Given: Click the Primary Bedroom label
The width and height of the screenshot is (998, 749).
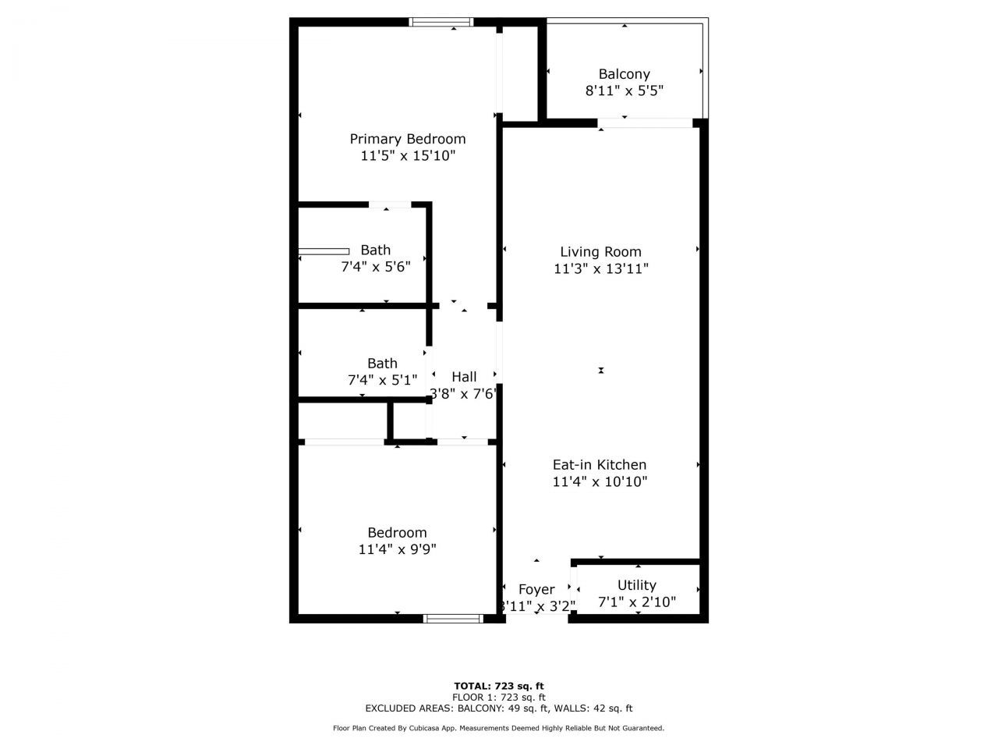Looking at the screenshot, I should tap(407, 139).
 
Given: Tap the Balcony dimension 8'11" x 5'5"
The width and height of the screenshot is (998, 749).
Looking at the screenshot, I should tap(624, 91).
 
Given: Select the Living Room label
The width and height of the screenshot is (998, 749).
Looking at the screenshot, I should tap(600, 251).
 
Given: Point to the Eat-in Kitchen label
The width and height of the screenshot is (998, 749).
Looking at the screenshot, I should tap(600, 465).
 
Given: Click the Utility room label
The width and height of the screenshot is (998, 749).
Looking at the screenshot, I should tap(636, 585).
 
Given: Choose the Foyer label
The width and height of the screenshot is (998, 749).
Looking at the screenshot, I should tap(536, 590).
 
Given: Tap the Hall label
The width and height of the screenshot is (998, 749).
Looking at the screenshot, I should tap(464, 377).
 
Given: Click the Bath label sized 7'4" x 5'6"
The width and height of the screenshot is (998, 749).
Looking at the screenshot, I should tap(375, 250).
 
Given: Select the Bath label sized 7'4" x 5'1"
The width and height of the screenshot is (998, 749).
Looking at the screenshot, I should tap(382, 364).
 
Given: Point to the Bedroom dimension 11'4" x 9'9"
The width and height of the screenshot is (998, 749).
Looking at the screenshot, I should tap(397, 549).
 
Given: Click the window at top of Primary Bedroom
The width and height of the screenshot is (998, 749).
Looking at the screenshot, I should tap(442, 22).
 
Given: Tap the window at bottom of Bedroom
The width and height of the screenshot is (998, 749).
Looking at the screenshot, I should tap(453, 619).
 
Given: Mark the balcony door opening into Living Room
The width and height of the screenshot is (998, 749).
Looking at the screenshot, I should tap(645, 122).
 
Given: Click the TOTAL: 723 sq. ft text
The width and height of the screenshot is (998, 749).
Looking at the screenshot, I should tap(499, 687).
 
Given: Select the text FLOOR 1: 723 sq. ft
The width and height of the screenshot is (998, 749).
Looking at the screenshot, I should tap(499, 698).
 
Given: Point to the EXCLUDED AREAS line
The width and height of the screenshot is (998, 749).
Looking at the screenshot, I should tap(499, 708).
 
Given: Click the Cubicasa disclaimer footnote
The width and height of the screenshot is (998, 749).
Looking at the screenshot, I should tap(499, 728).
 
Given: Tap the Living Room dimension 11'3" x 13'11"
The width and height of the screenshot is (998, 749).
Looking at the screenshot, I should tap(600, 268).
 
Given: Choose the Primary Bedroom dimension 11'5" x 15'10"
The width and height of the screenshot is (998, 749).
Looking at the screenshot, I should tap(407, 156).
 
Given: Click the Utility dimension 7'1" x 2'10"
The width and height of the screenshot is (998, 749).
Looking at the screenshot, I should tap(636, 602).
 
